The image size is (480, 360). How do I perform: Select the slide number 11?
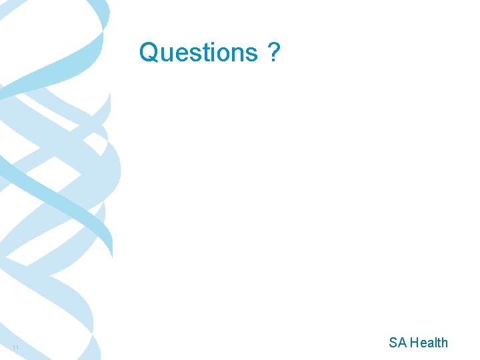point(15,349)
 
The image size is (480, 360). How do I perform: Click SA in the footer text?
point(398,343)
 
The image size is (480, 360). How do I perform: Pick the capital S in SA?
point(394,343)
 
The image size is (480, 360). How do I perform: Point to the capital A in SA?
point(403,343)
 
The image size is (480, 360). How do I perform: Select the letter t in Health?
point(439,343)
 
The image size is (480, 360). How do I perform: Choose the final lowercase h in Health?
point(445,343)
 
